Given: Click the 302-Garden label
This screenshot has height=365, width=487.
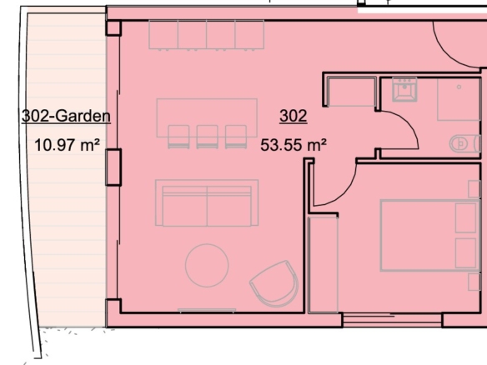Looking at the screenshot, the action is coord(66,116).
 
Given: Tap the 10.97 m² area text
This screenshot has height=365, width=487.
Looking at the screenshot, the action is coord(67,145).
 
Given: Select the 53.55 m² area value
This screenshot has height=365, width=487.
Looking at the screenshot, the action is coord(294,145).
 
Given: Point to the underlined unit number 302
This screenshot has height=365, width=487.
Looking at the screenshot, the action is coord(294,116).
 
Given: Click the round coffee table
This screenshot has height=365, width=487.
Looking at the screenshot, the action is coord(207,265).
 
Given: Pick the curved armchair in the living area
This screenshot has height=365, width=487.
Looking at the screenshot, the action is coord(274,283).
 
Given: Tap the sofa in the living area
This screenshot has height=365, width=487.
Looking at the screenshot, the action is coord(207,203).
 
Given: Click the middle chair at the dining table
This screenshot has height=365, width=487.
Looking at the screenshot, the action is coord(207,137).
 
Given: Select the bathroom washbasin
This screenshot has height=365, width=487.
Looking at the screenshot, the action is coord(404,89).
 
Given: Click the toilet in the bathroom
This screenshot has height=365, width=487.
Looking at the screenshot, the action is coord(465,143).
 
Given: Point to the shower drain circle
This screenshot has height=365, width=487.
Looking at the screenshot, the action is coord(459,87).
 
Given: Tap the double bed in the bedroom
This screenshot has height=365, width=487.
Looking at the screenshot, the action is coord(430,236).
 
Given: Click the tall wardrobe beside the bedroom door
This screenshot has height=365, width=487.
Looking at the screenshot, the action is coord(323,265).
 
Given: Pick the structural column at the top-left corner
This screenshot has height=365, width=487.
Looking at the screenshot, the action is coord(113,28).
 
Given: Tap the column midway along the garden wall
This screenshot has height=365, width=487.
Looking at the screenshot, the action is coord(113,167).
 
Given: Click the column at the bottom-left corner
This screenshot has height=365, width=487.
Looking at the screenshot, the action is coord(113,307).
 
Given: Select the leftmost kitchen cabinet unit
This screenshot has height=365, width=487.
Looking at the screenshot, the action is coord(163,34).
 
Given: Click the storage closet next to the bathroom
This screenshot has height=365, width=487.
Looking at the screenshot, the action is coord(352,92).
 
